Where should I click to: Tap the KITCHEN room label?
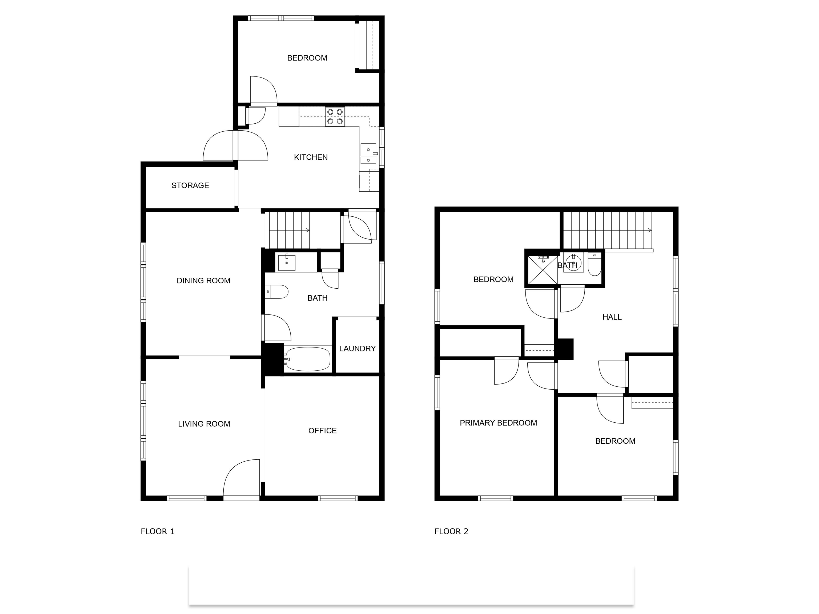pos(311,157)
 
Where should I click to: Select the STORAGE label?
pos(190,185)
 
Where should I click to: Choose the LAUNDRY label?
pos(357,349)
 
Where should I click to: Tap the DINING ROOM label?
pos(203,281)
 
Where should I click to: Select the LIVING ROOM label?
pos(204,424)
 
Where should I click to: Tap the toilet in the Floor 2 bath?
pos(595,265)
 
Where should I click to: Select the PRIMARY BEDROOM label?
pos(498,423)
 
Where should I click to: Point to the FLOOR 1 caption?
pos(157,531)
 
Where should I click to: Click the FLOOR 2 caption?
pos(451,531)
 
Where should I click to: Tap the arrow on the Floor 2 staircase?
pos(649,231)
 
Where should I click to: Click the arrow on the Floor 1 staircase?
pos(307,231)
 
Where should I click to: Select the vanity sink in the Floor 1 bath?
pos(287,262)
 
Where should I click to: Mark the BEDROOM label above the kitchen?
pos(307,58)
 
